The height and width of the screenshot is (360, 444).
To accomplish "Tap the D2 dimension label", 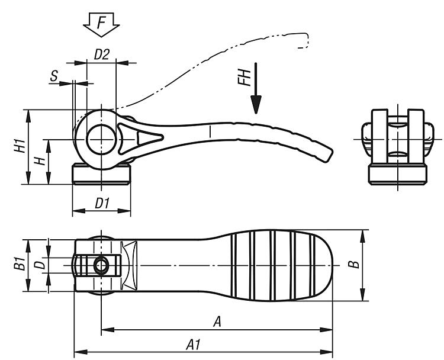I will click(102, 54).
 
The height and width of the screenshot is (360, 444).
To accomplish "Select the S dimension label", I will click(54, 76).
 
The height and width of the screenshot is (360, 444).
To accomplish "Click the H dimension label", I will click(39, 162).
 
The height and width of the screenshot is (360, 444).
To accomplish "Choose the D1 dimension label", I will click(102, 203).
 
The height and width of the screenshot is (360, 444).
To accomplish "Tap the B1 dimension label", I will click(18, 265).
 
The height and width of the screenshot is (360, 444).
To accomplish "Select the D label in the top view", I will click(39, 265).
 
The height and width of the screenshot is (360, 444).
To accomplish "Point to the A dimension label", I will click(217, 322).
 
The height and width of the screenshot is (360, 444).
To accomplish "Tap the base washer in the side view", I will click(101, 175).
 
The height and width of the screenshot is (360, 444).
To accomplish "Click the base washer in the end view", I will click(397, 175).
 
